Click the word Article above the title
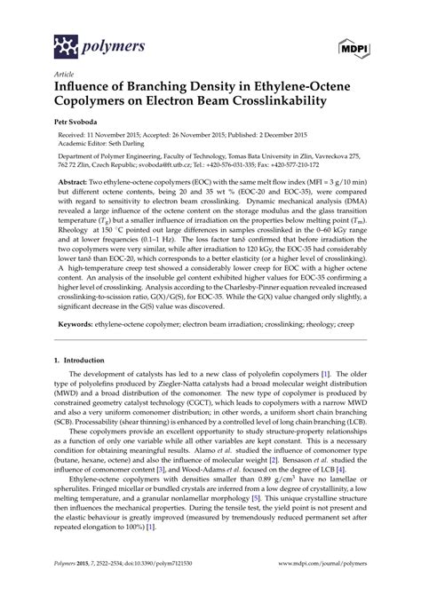coord(62,74)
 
